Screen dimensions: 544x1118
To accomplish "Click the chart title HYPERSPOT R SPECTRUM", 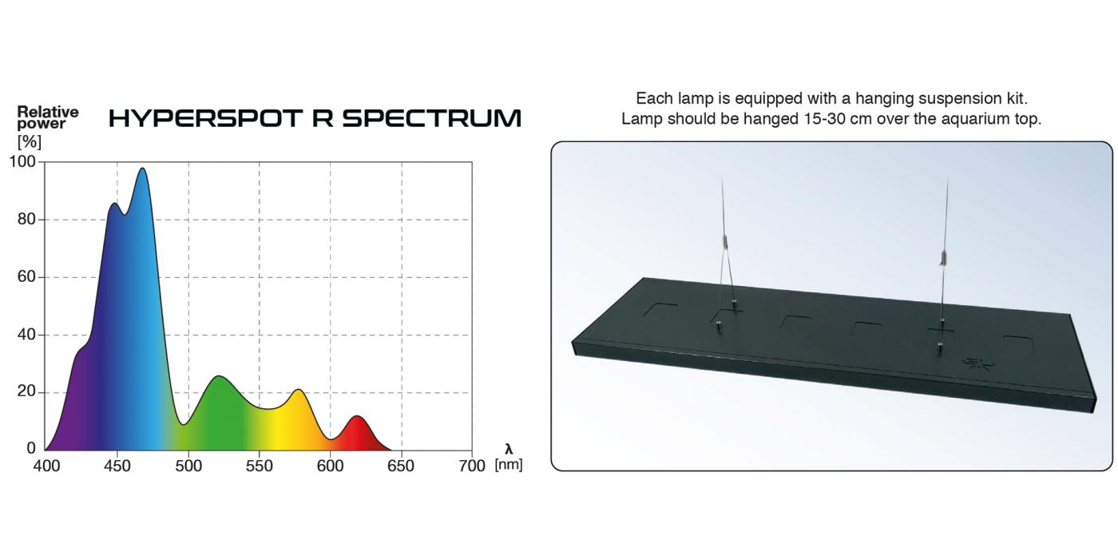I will [315, 118].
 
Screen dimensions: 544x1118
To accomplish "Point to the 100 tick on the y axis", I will [22, 162].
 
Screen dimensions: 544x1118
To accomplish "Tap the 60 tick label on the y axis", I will [26, 277].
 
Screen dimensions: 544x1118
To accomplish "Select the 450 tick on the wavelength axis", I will [117, 466].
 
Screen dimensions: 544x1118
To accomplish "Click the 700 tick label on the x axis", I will [473, 466].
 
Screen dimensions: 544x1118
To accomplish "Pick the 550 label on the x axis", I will [260, 466].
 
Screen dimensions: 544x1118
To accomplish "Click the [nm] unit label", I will [509, 465].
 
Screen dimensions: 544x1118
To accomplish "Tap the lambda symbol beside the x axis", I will [509, 450].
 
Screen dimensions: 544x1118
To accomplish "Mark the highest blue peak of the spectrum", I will [142, 169].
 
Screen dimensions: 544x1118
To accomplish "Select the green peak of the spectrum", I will [217, 376].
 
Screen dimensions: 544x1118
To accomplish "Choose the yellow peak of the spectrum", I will [298, 390].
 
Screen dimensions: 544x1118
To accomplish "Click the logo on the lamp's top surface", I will [977, 363].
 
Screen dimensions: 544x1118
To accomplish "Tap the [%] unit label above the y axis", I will [29, 142].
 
